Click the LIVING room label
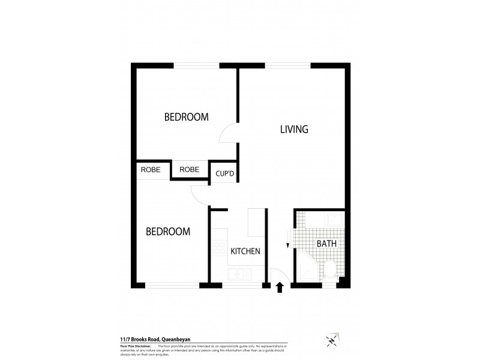point(294,129)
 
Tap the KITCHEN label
point(245,251)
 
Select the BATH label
point(326,244)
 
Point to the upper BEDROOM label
point(186,117)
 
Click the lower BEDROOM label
point(169,231)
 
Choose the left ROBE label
point(151,170)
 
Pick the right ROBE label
point(189,170)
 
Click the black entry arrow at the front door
point(280,289)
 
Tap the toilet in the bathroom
point(330,270)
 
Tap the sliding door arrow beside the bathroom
point(288,242)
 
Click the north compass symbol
point(331,339)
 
